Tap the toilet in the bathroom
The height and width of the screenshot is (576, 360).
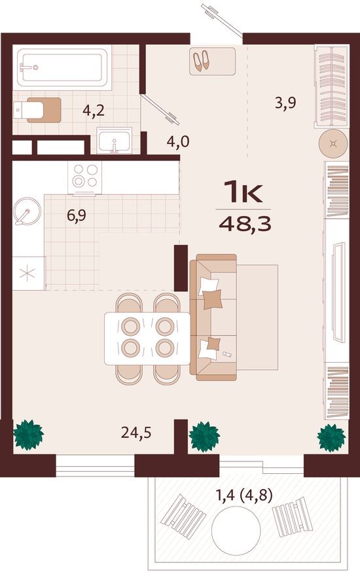pyautogui.click(x=39, y=110)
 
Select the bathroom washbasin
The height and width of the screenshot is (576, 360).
pyautogui.click(x=115, y=140)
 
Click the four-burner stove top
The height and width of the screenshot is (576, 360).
pyautogui.click(x=85, y=175)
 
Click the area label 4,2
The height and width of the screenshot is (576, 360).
pyautogui.click(x=94, y=111)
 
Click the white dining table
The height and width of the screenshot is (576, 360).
pyautogui.click(x=148, y=338)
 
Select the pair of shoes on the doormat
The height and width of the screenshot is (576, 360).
pyautogui.click(x=200, y=61)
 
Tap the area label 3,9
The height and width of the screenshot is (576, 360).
pyautogui.click(x=286, y=102)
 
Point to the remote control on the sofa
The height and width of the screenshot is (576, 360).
pyautogui.click(x=227, y=353)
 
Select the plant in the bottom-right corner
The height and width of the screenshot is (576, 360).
pyautogui.click(x=331, y=437)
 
